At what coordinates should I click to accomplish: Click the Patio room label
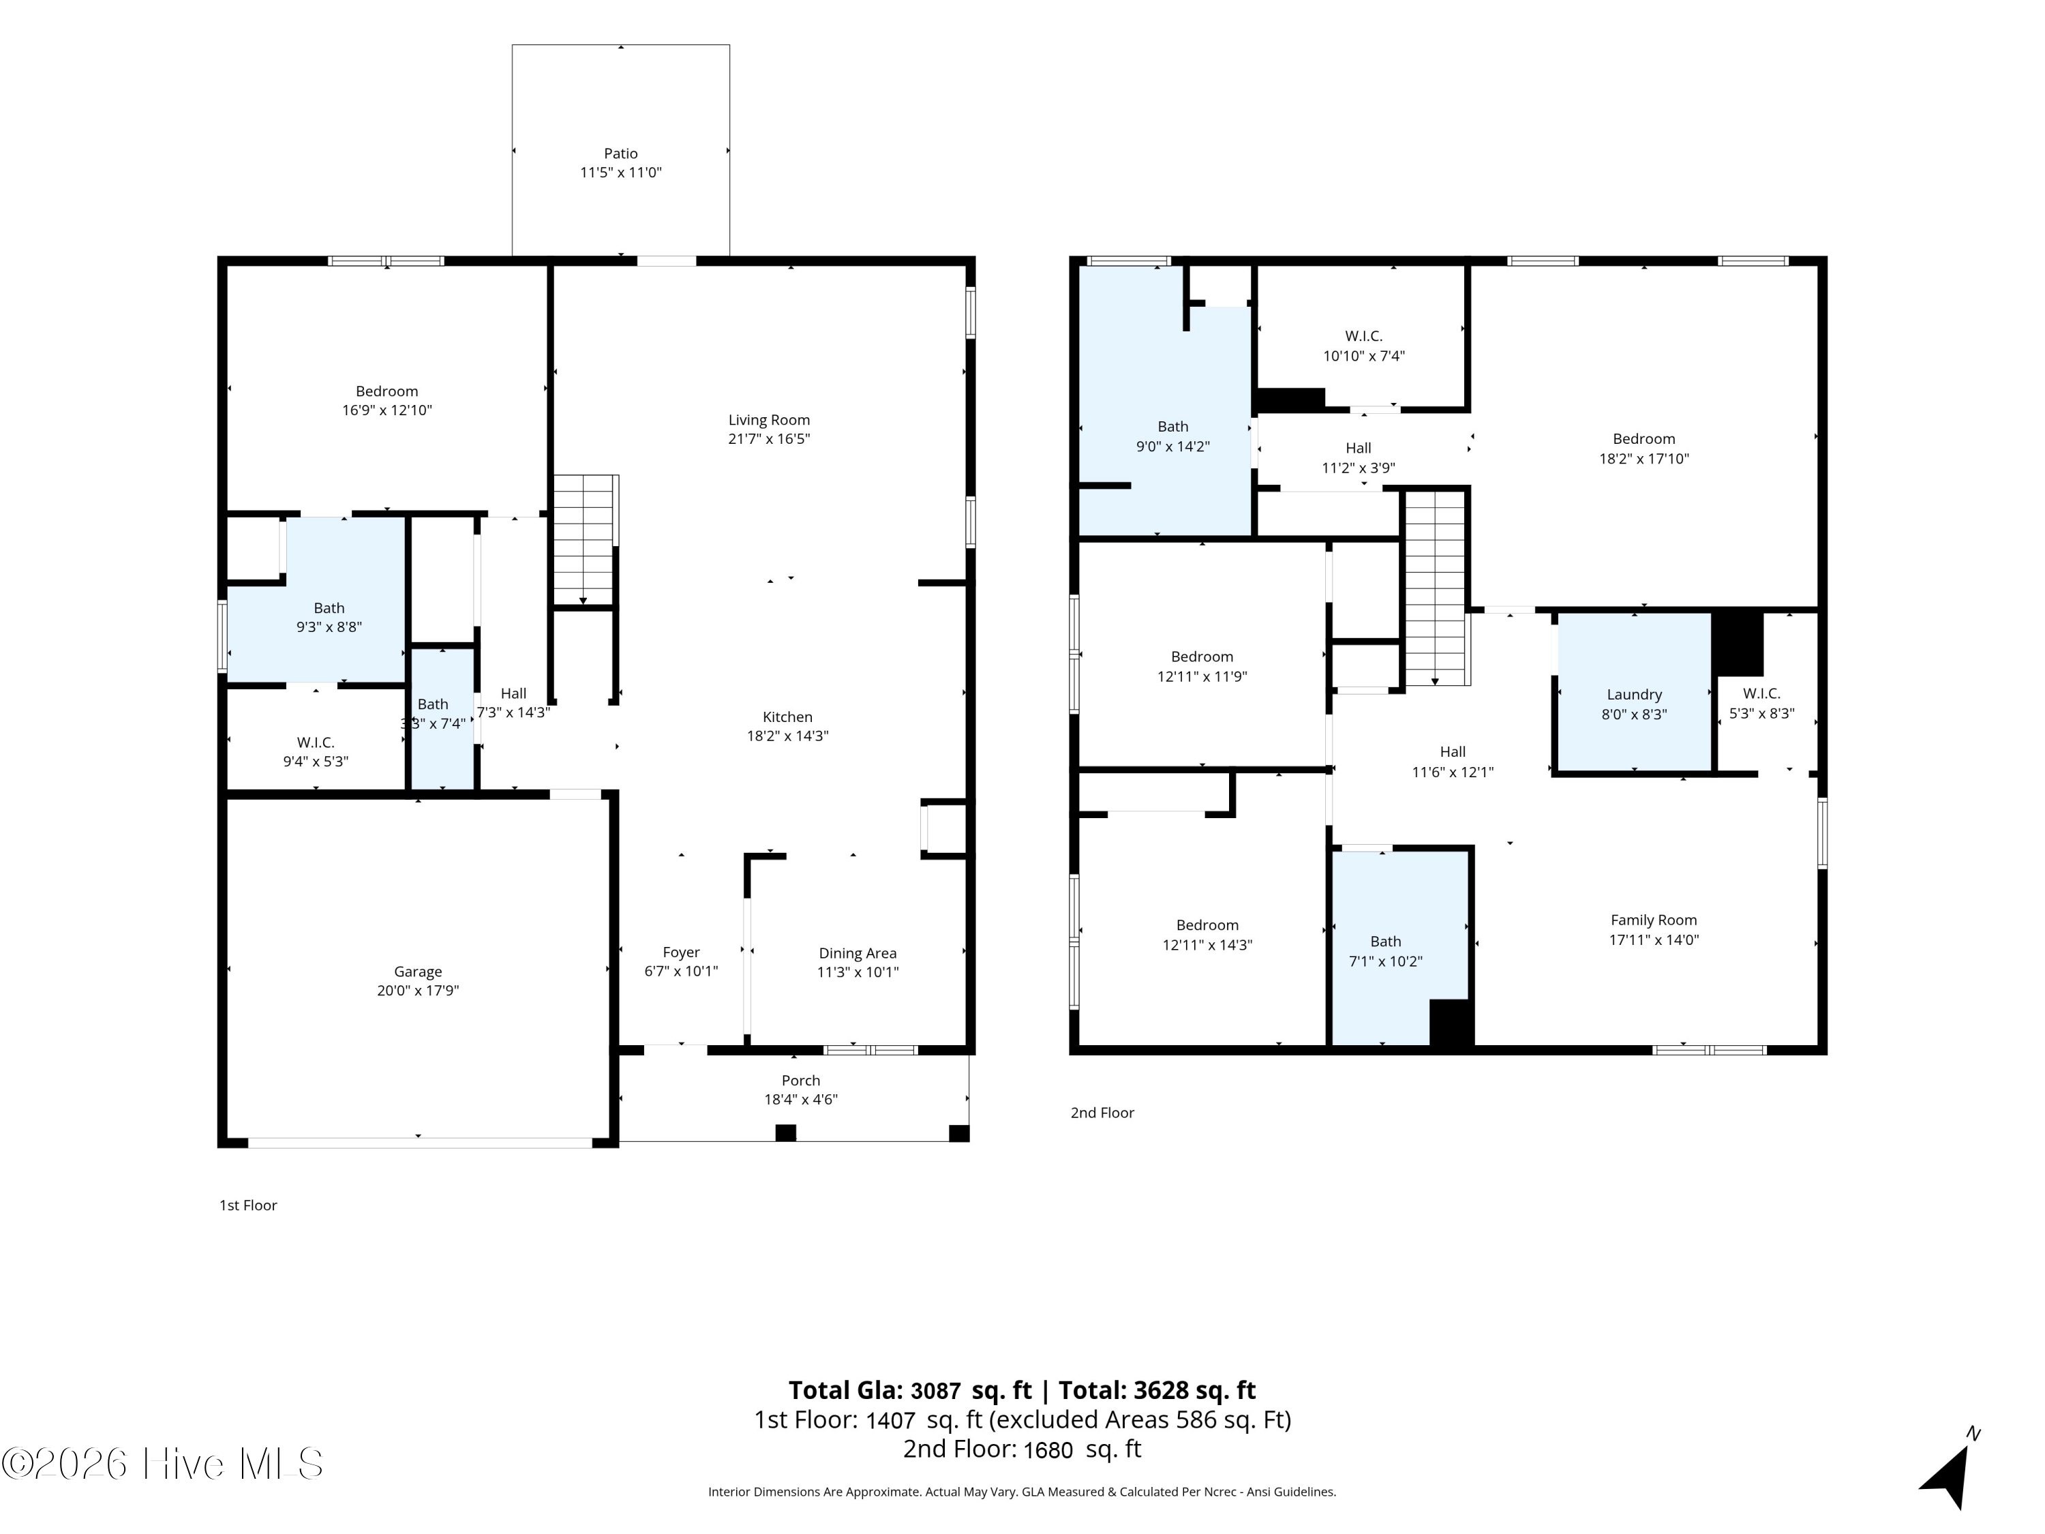(620, 153)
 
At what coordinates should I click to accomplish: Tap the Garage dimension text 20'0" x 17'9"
(418, 991)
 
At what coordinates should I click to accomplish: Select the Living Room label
(768, 420)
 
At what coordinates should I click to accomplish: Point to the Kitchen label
(788, 717)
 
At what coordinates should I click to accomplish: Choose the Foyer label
(682, 952)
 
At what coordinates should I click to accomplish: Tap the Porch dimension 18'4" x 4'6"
(801, 1100)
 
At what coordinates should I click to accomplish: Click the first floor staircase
(584, 541)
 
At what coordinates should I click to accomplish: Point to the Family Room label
(1653, 920)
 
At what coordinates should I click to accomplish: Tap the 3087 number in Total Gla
(936, 1391)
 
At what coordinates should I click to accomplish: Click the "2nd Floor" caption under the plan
(1102, 1113)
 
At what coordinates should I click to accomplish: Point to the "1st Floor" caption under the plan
(247, 1206)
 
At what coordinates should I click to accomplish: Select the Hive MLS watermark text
(163, 1464)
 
